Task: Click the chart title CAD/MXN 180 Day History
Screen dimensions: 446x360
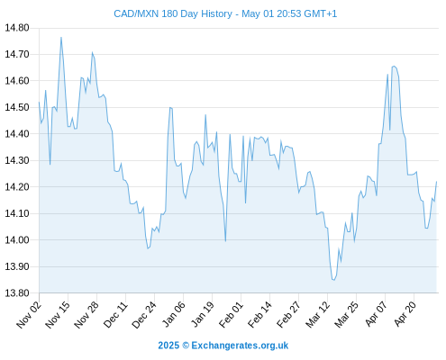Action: pos(173,13)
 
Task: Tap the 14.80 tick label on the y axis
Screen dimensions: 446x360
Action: pos(17,28)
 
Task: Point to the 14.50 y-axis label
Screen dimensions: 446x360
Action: pos(17,107)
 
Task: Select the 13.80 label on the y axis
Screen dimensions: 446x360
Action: pos(17,292)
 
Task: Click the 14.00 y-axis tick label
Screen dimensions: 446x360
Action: pos(17,240)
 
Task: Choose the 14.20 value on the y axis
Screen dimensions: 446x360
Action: pos(17,187)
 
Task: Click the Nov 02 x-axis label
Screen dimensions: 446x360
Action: pos(29,314)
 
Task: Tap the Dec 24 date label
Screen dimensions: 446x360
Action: pos(144,314)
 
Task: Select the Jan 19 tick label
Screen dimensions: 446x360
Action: pos(203,314)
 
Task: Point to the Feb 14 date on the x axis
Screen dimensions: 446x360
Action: pos(259,314)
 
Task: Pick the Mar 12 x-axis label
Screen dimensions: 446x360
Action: pos(317,314)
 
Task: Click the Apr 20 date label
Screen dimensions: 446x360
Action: pos(405,314)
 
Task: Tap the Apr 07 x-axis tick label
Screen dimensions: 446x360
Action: pos(376,314)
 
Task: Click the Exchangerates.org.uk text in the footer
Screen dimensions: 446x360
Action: pos(240,346)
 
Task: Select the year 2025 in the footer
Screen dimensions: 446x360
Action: pos(168,346)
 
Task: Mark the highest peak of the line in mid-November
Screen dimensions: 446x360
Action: pos(61,38)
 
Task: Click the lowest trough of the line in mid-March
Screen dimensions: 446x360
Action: pos(333,280)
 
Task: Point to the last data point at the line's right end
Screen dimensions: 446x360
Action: pos(436,182)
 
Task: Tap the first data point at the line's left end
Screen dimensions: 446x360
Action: pos(39,102)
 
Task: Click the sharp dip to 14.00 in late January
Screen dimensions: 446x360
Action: pos(225,241)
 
